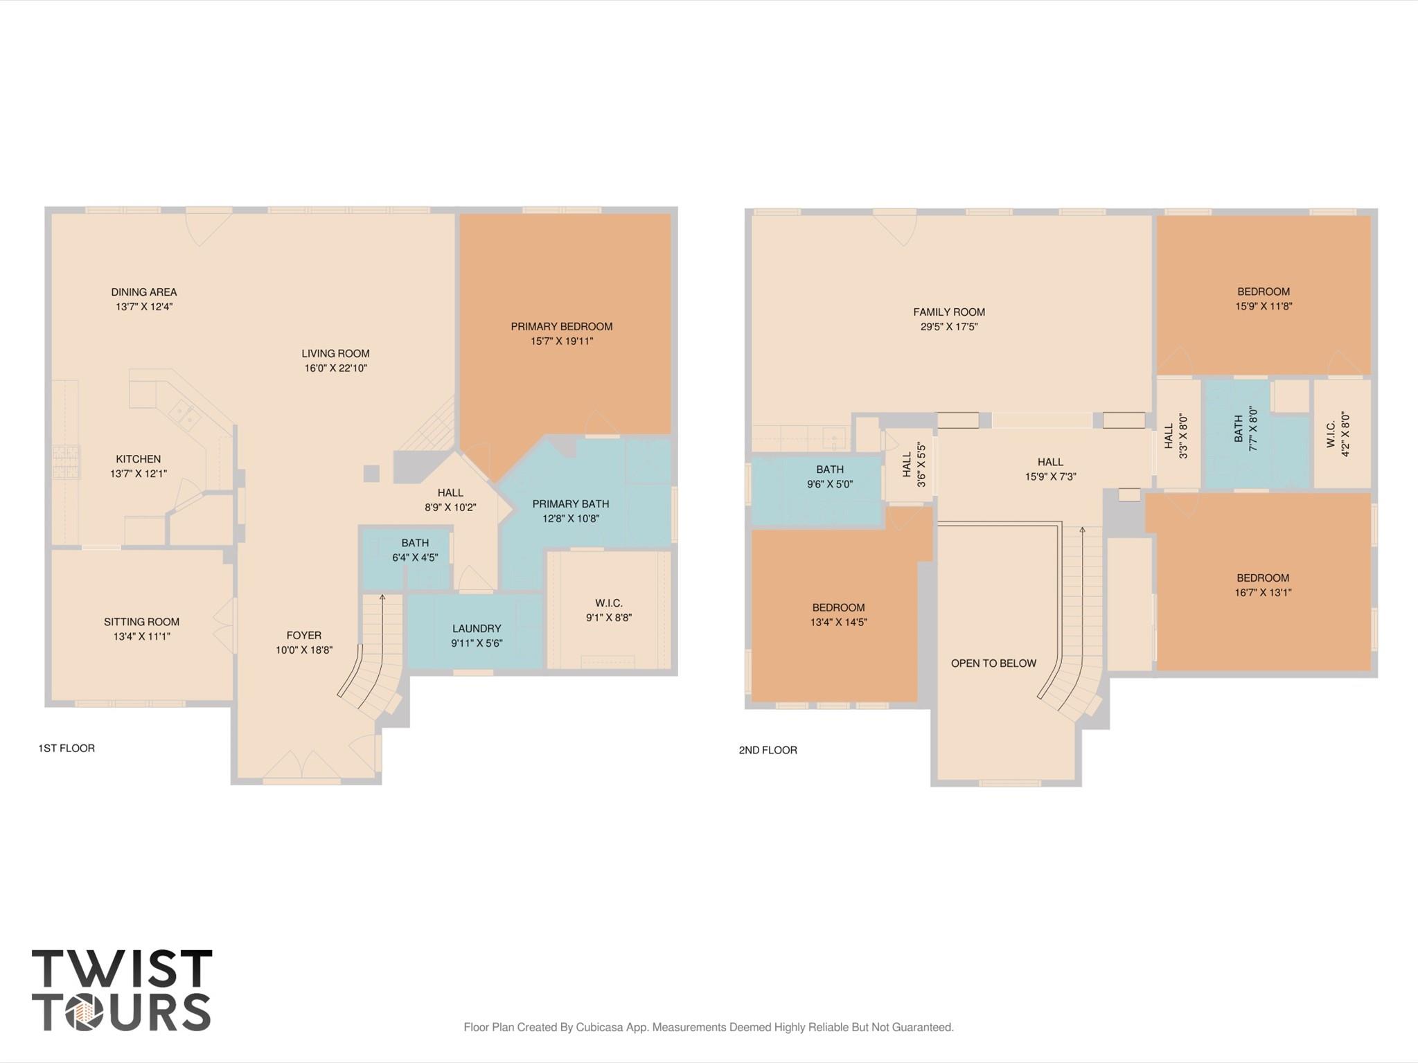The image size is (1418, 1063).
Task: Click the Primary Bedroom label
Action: click(x=561, y=326)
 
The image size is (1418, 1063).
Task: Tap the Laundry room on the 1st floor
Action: click(x=476, y=629)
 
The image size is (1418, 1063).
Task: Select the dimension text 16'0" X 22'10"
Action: click(x=335, y=368)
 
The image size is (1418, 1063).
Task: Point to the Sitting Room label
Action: click(x=141, y=622)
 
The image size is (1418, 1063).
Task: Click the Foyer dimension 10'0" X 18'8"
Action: click(x=303, y=650)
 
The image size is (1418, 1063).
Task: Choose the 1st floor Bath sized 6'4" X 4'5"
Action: click(x=414, y=550)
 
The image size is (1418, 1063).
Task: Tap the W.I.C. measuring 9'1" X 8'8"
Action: click(x=608, y=610)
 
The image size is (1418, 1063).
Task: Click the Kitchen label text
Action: click(x=138, y=459)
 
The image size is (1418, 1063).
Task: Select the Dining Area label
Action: click(x=143, y=292)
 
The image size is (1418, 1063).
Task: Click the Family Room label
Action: click(x=948, y=312)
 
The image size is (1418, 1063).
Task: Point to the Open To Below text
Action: click(x=993, y=663)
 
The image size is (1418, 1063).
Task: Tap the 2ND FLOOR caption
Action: click(x=768, y=750)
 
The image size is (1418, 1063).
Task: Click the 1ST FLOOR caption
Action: click(x=67, y=748)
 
